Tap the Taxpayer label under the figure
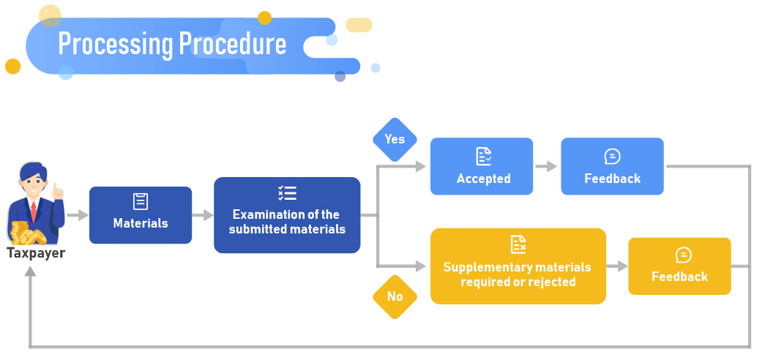pos(36,253)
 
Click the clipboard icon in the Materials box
pos(141,201)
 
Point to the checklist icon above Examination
pos(287,193)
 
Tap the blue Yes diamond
pos(395,139)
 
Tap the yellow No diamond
pos(395,296)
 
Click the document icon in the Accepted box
pos(484,156)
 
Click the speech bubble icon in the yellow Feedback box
pos(683,255)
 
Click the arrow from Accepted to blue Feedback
pos(546,167)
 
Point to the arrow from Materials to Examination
pos(203,216)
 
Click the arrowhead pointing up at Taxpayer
pos(30,271)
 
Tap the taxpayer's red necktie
pos(34,213)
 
